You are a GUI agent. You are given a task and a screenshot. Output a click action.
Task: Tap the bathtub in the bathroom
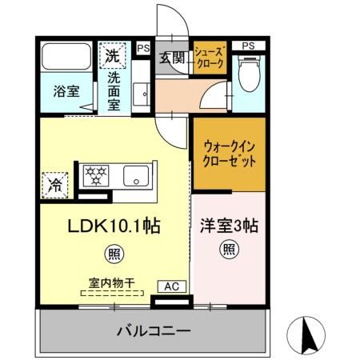click(66, 57)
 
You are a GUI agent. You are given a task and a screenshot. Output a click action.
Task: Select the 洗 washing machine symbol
click(113, 57)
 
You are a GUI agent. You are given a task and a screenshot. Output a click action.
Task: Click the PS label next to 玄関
click(143, 48)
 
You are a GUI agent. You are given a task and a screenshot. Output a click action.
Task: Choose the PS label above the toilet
click(249, 44)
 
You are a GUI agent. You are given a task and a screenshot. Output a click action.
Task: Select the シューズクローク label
click(210, 59)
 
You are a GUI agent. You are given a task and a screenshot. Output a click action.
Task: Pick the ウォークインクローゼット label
click(230, 154)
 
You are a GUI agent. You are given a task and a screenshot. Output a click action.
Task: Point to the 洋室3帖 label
click(228, 225)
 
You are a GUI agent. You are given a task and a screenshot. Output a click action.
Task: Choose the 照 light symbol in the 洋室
click(228, 249)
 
